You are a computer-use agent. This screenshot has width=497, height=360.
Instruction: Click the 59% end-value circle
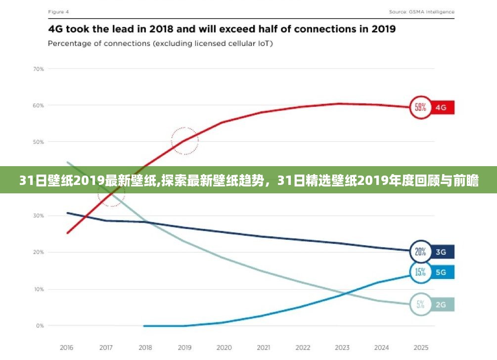coord(420,107)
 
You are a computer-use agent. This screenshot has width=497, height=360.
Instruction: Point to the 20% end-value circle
coord(420,252)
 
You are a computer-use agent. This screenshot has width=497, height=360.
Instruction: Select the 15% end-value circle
coord(420,272)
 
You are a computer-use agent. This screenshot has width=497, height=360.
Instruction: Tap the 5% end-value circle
coord(420,305)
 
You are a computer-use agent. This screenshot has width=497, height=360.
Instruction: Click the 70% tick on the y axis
coord(39,69)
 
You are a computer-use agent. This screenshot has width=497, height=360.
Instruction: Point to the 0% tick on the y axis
coord(40,326)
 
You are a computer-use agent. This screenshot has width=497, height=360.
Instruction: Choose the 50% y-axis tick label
coord(39,142)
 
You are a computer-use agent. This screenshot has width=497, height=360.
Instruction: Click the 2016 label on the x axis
coord(66,347)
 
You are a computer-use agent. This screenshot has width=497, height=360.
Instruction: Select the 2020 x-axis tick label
coord(224,347)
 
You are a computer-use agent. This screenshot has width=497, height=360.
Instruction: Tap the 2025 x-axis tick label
coord(420,347)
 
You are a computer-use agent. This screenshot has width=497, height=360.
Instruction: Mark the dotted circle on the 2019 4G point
coord(184,141)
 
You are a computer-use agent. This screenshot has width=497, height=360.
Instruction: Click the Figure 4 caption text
coord(58,11)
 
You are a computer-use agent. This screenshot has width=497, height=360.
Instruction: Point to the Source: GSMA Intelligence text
coord(421,11)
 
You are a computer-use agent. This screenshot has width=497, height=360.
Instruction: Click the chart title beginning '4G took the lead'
coord(222,29)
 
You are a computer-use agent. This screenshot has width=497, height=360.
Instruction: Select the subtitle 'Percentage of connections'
coord(160,44)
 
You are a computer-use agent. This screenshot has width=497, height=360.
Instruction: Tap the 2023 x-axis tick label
coord(342,347)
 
